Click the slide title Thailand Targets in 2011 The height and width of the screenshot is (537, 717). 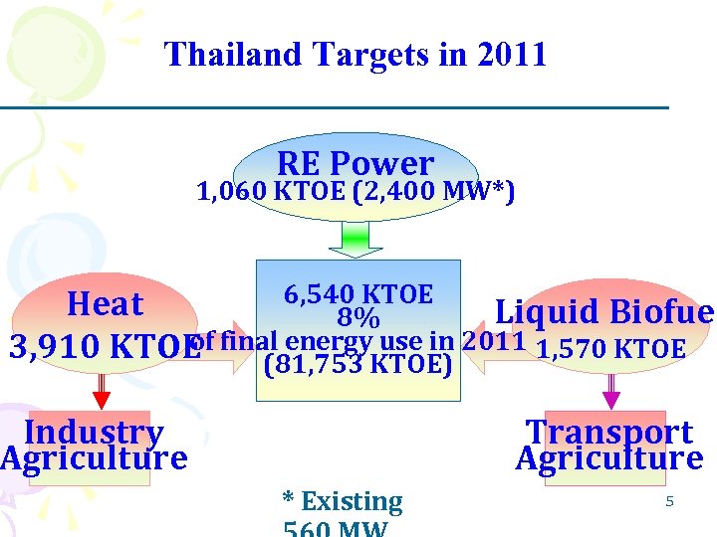(356, 54)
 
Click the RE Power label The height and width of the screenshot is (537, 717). (356, 162)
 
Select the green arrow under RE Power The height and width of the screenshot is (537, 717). (356, 239)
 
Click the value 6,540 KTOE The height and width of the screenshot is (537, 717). (358, 294)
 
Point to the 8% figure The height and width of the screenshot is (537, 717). (358, 319)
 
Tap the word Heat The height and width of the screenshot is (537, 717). (105, 303)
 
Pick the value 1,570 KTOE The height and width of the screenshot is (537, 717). (610, 349)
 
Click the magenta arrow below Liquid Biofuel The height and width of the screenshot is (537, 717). (611, 390)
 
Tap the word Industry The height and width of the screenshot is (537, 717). (94, 432)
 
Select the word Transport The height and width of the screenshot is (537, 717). (609, 432)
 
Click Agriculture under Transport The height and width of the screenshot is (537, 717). (609, 458)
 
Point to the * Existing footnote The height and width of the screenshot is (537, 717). (343, 501)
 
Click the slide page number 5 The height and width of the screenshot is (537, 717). (670, 501)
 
